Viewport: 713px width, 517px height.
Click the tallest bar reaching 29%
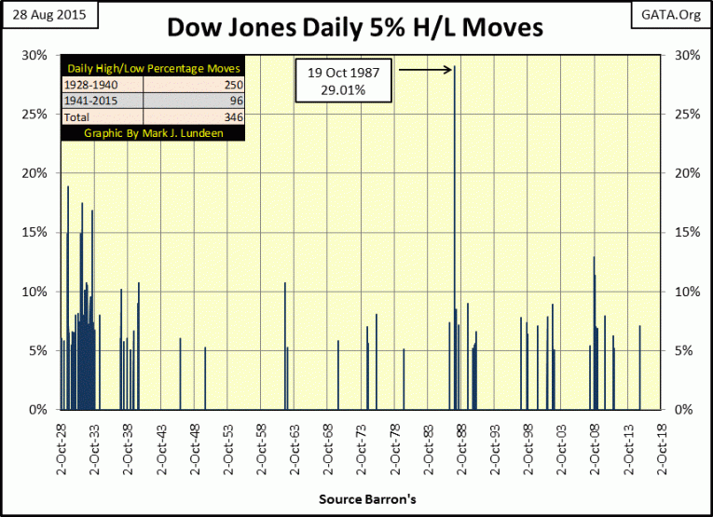(x=454, y=233)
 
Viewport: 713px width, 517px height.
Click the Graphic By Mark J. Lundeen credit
(x=153, y=133)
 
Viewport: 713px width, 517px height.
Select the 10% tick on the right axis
(x=679, y=292)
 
